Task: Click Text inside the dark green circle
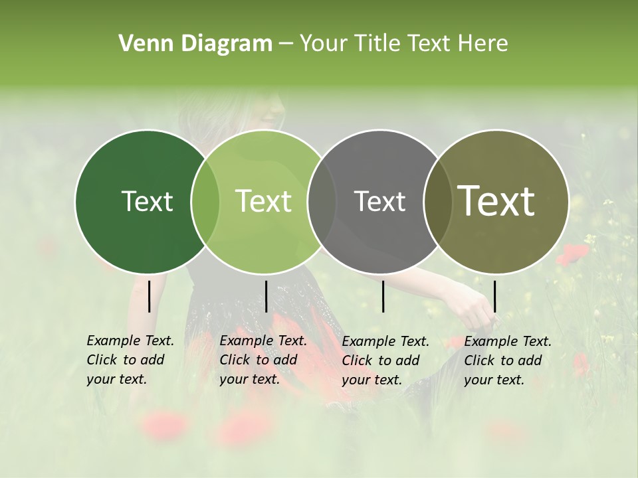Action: click(147, 201)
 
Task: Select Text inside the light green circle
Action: click(264, 201)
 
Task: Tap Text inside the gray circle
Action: click(379, 201)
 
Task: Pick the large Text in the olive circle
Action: click(496, 201)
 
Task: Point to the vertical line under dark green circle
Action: click(149, 296)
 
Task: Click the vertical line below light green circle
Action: click(266, 296)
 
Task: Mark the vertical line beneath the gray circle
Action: click(383, 296)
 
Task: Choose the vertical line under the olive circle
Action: click(494, 296)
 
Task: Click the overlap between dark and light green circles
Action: click(205, 202)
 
